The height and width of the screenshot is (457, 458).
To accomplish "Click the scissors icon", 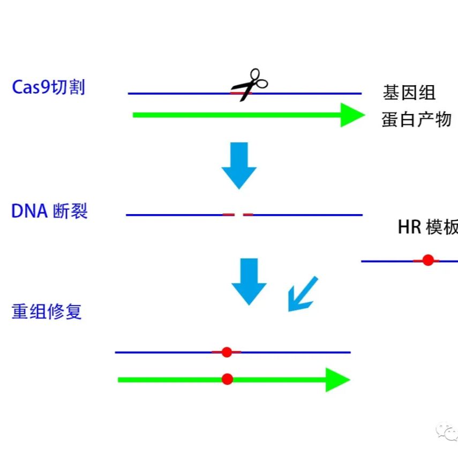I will point(250,85).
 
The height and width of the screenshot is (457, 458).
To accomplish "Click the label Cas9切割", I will point(48,87).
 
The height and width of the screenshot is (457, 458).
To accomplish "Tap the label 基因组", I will point(409,93).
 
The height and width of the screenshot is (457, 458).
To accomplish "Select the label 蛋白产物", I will point(417,119).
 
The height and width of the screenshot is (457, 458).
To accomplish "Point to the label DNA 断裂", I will point(49,211).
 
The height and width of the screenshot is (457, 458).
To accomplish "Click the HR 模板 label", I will point(427,227).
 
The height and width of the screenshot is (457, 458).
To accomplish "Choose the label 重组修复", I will point(47,311).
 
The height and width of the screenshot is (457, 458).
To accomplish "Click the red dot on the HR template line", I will point(427,261).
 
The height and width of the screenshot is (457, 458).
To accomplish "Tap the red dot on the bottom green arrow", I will point(227,379).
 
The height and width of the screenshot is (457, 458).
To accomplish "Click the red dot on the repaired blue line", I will point(227,352).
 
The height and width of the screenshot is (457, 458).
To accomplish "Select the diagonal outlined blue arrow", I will point(302,294).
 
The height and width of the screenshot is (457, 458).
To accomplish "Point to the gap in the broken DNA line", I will point(239,215).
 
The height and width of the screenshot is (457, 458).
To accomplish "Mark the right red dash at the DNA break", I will point(248,215).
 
